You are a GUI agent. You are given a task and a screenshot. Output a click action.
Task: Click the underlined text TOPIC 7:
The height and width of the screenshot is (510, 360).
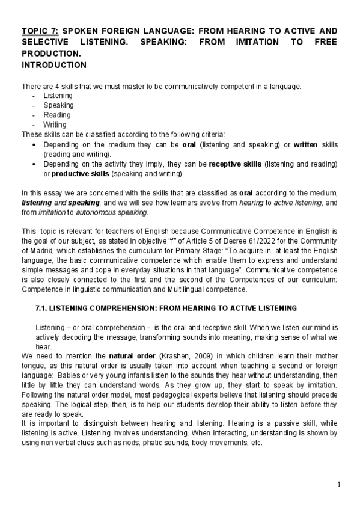point(40,31)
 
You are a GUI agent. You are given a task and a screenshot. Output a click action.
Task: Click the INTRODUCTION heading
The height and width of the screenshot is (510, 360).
point(54,64)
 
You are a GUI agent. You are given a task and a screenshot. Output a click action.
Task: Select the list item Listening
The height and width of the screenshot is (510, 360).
point(58,96)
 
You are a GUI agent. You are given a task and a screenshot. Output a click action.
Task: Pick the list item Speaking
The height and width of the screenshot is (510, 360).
point(58,105)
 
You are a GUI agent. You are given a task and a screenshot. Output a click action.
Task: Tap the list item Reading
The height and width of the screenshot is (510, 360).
point(56,115)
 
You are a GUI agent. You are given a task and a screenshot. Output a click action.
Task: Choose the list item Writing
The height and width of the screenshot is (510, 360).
point(55,124)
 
